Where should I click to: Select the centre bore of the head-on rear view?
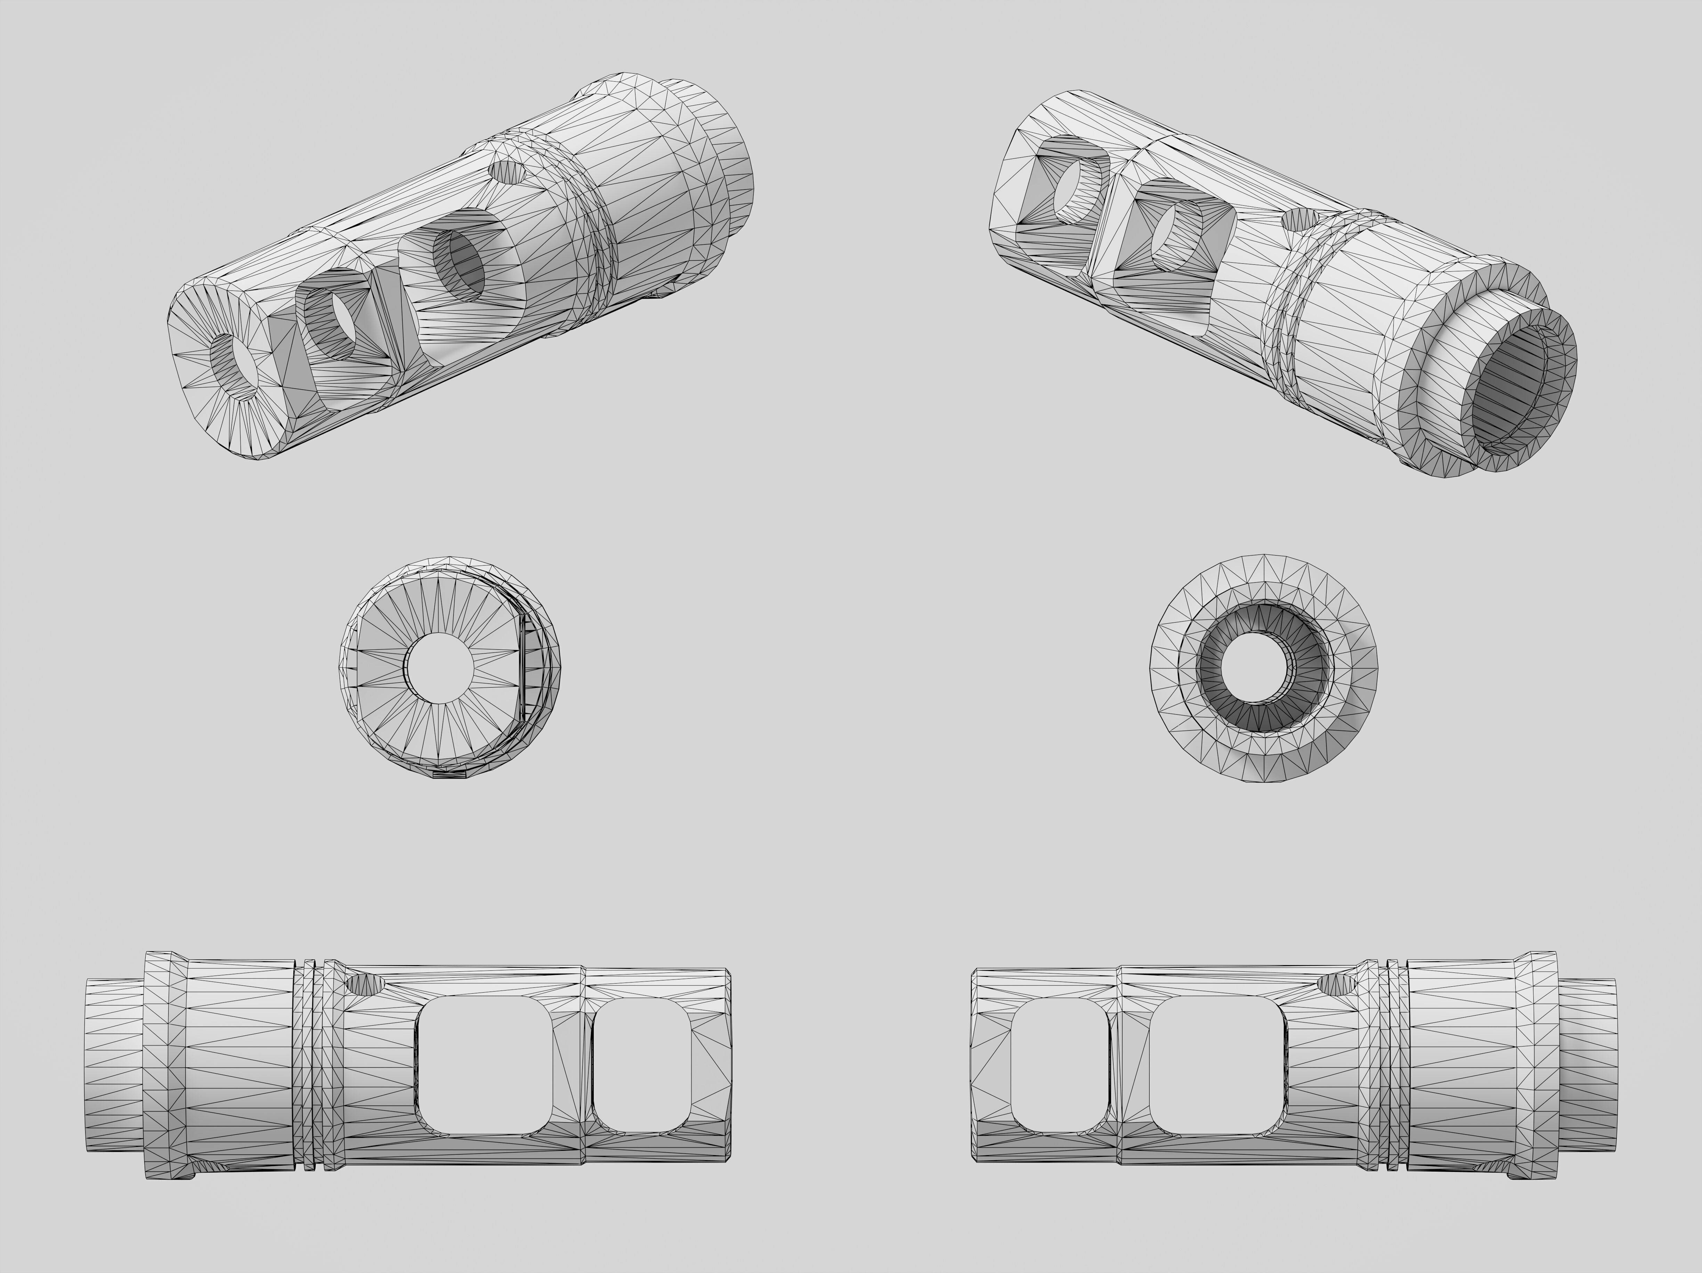1263,668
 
